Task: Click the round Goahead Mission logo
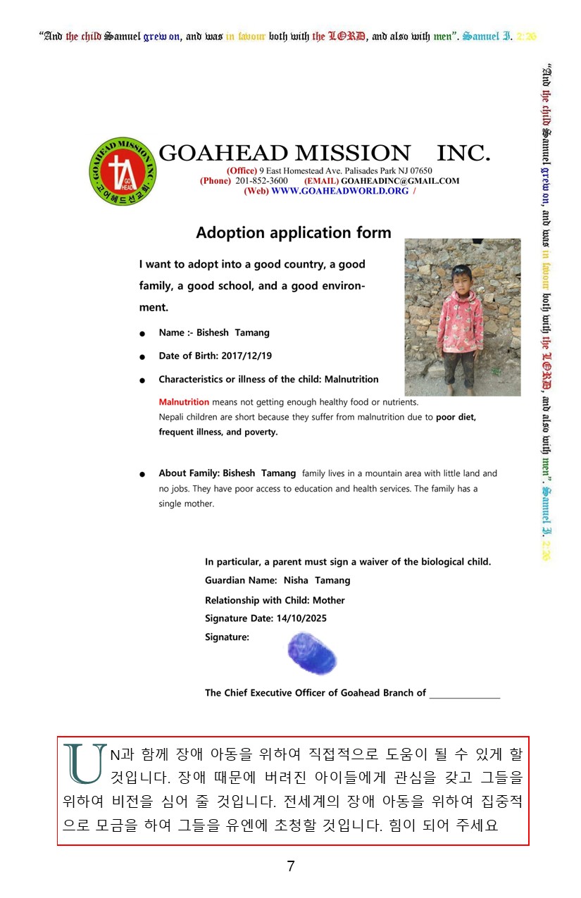pyautogui.click(x=123, y=171)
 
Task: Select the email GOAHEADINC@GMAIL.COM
pyautogui.click(x=399, y=181)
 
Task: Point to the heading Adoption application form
pyautogui.click(x=293, y=233)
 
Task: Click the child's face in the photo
pyautogui.click(x=462, y=276)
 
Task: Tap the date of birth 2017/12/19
pyautogui.click(x=246, y=356)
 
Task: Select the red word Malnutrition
pyautogui.click(x=184, y=402)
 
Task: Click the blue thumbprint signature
pyautogui.click(x=311, y=654)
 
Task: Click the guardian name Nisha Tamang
pyautogui.click(x=317, y=580)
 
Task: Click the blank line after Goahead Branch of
pyautogui.click(x=465, y=694)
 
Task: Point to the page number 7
pyautogui.click(x=291, y=867)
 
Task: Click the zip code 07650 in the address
pyautogui.click(x=420, y=171)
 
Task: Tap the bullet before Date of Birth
pyautogui.click(x=143, y=357)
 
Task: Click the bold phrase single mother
pyautogui.click(x=186, y=504)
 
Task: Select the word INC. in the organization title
pyautogui.click(x=463, y=153)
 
